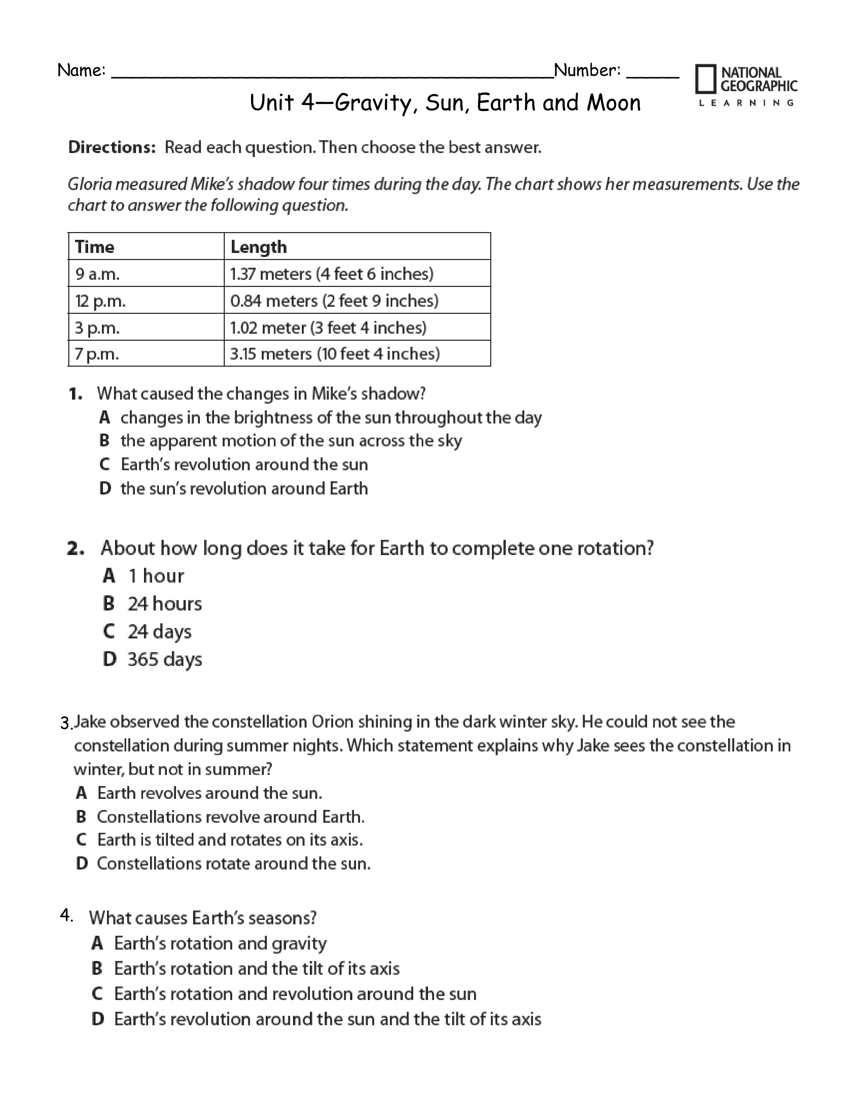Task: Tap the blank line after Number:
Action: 653,76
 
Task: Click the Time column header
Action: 95,247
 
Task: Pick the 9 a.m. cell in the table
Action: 98,274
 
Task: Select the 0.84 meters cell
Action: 334,301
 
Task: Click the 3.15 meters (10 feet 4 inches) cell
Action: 334,354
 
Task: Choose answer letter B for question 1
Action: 105,441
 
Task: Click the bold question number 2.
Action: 75,548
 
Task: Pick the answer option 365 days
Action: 164,660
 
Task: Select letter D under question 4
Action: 98,1019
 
